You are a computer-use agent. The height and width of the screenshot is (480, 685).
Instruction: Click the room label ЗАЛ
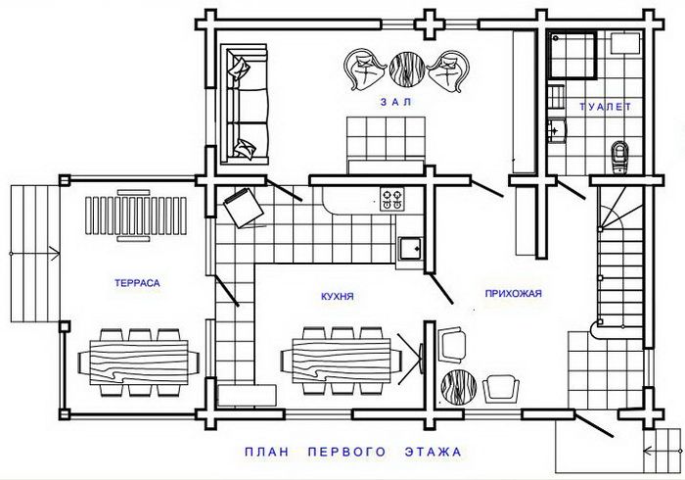coord(395,102)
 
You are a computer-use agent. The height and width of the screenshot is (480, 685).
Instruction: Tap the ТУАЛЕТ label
coord(605,106)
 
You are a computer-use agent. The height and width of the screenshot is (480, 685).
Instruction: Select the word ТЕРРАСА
coord(137,283)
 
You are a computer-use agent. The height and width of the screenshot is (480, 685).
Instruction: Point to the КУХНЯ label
coord(338,297)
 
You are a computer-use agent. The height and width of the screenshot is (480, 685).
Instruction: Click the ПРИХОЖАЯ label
coord(514,293)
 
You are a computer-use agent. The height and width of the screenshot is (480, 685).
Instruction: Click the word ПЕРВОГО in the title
coord(346,452)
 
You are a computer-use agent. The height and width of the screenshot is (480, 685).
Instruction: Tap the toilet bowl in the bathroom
coord(618,157)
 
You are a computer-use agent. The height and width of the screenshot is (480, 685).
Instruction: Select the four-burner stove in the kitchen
coord(391,199)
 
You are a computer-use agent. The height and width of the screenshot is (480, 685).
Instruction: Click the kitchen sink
coord(411,249)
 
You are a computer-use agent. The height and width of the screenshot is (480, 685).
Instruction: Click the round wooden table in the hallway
coord(459,388)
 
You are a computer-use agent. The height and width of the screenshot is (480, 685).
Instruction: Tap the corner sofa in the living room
coord(244,104)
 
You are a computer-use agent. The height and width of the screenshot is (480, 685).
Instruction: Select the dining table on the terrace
coord(139,362)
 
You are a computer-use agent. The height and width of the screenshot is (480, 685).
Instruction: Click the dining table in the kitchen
coord(342,362)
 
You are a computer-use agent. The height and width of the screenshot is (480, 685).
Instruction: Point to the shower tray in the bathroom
coord(573,55)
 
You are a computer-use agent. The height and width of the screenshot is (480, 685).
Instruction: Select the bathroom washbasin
coord(557,130)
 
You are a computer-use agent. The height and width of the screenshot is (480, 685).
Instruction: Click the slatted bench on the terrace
coord(136,216)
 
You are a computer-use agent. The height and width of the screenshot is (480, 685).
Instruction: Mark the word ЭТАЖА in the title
coord(433,452)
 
